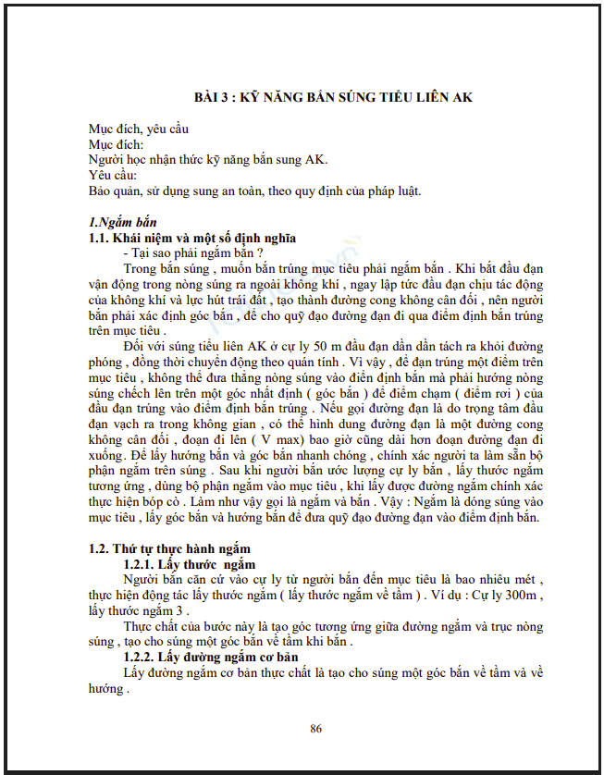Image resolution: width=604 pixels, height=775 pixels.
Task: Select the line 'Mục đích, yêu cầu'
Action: click(x=138, y=129)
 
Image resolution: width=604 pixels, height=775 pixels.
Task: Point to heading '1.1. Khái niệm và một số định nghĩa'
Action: click(x=192, y=238)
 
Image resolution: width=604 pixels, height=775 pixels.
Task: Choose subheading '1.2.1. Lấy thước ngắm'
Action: click(x=189, y=564)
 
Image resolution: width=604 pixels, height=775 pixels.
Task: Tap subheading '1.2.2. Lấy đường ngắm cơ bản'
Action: click(x=210, y=656)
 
